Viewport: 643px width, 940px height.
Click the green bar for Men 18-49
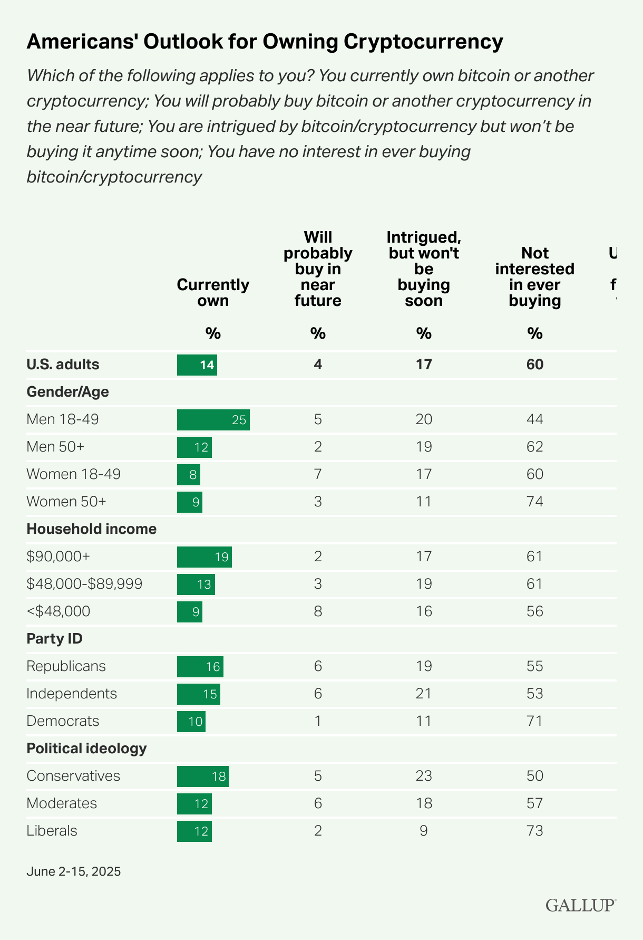coord(213,420)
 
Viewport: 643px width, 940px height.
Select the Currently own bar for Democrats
coord(191,721)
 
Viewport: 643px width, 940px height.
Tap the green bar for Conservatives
coord(202,776)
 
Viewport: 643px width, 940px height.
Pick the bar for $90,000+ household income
coord(204,557)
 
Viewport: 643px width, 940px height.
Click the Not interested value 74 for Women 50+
coord(534,502)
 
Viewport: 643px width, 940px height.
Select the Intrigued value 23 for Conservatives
coord(423,776)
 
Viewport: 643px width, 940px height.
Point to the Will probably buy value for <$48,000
coord(318,611)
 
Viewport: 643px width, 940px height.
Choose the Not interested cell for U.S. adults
coord(534,365)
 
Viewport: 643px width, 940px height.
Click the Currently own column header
coord(213,293)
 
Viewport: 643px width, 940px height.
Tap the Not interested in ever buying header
coord(534,277)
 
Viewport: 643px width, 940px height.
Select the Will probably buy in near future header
coord(318,269)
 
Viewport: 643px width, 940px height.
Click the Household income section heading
coord(92,529)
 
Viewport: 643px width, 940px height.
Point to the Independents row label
coord(72,694)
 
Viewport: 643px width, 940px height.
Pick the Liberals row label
coord(52,831)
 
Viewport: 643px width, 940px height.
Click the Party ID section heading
coord(55,639)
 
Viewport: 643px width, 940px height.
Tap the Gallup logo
coord(580,905)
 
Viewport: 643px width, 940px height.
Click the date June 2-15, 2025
coord(74,871)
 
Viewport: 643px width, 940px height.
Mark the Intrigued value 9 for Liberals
coord(423,831)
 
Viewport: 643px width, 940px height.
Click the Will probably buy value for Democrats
coord(318,721)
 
